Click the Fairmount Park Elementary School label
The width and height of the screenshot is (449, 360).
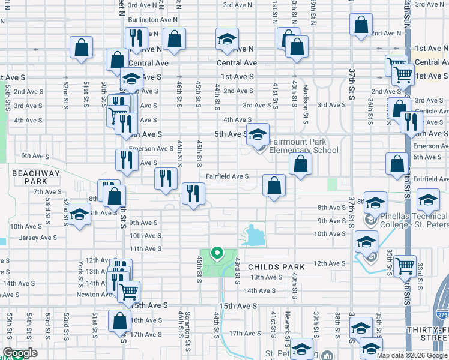[x=303, y=146]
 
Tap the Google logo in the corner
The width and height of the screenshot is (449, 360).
[x=20, y=353]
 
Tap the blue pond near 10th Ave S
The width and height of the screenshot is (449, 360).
[x=255, y=235]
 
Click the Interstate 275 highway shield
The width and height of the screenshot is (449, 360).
[x=442, y=314]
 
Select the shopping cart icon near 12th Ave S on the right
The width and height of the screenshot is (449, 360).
[x=406, y=265]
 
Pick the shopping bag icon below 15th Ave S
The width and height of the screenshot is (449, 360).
[x=119, y=320]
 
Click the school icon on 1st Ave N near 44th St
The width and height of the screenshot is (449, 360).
[x=227, y=40]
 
